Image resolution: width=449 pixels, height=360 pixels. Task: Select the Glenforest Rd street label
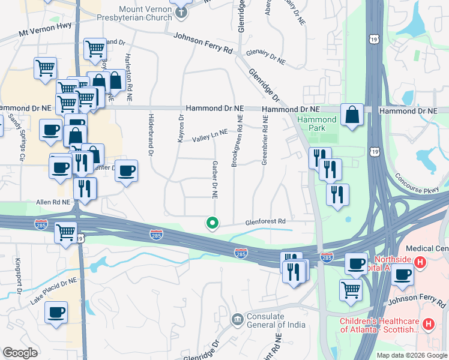[x=265, y=221]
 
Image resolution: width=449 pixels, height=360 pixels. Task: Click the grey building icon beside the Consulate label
[x=238, y=317]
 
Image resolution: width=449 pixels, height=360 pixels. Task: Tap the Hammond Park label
[x=317, y=124]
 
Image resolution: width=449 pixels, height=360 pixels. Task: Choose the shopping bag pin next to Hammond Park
[x=352, y=114]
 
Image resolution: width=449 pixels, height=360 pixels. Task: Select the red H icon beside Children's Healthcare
[x=429, y=325]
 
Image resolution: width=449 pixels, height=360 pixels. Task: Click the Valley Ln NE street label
[x=210, y=136]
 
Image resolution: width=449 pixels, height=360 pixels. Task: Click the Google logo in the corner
[x=20, y=353]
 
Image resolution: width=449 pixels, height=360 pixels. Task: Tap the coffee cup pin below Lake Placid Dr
[x=56, y=313]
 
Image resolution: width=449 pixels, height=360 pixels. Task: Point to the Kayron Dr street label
[x=180, y=128]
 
